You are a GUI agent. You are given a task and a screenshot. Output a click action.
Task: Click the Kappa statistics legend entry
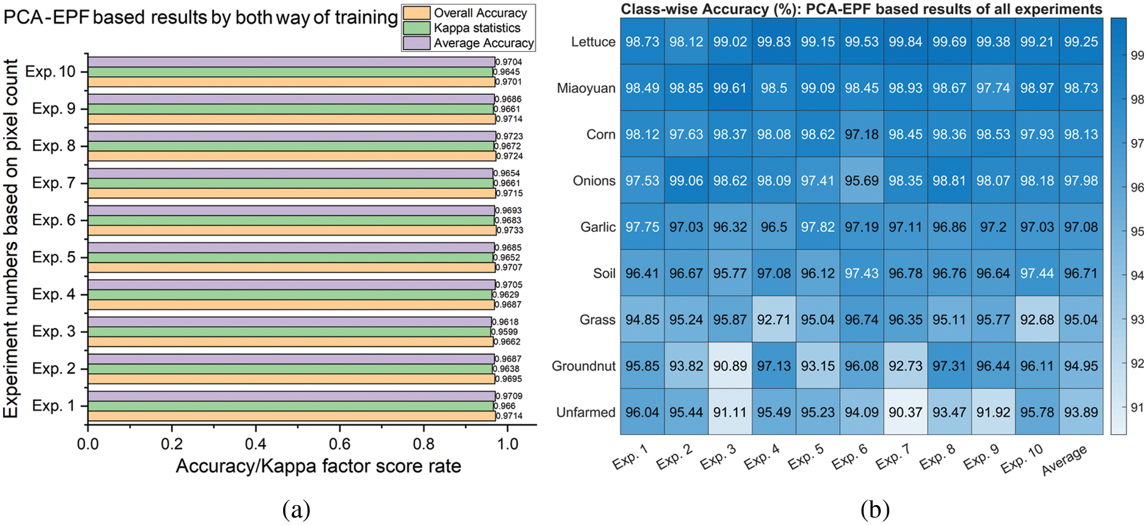tap(476, 28)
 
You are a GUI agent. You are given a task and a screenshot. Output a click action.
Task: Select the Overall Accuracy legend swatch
tap(417, 13)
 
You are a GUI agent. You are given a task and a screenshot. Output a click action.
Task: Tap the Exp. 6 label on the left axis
tap(54, 220)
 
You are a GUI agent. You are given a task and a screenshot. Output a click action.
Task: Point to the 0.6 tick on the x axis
tap(340, 444)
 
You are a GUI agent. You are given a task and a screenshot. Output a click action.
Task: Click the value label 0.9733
tap(510, 230)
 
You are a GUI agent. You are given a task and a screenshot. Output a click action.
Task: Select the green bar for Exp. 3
tap(289, 332)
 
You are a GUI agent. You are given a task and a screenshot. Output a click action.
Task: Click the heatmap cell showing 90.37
tap(905, 412)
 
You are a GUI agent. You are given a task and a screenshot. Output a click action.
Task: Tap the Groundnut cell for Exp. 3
tap(730, 366)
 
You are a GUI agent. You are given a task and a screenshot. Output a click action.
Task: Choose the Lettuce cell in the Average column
tap(1081, 42)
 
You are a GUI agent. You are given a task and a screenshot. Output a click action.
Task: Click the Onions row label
tap(593, 181)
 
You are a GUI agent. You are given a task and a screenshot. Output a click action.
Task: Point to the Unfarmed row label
tap(586, 412)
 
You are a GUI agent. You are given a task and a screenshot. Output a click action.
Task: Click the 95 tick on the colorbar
tap(1137, 231)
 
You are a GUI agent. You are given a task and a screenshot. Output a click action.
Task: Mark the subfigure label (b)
tap(875, 510)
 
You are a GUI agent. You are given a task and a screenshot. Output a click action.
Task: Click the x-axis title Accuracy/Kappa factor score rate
tap(318, 466)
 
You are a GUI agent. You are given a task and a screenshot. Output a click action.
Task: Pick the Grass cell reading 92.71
tap(773, 320)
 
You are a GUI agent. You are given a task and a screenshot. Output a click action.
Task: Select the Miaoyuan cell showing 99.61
tap(730, 88)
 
